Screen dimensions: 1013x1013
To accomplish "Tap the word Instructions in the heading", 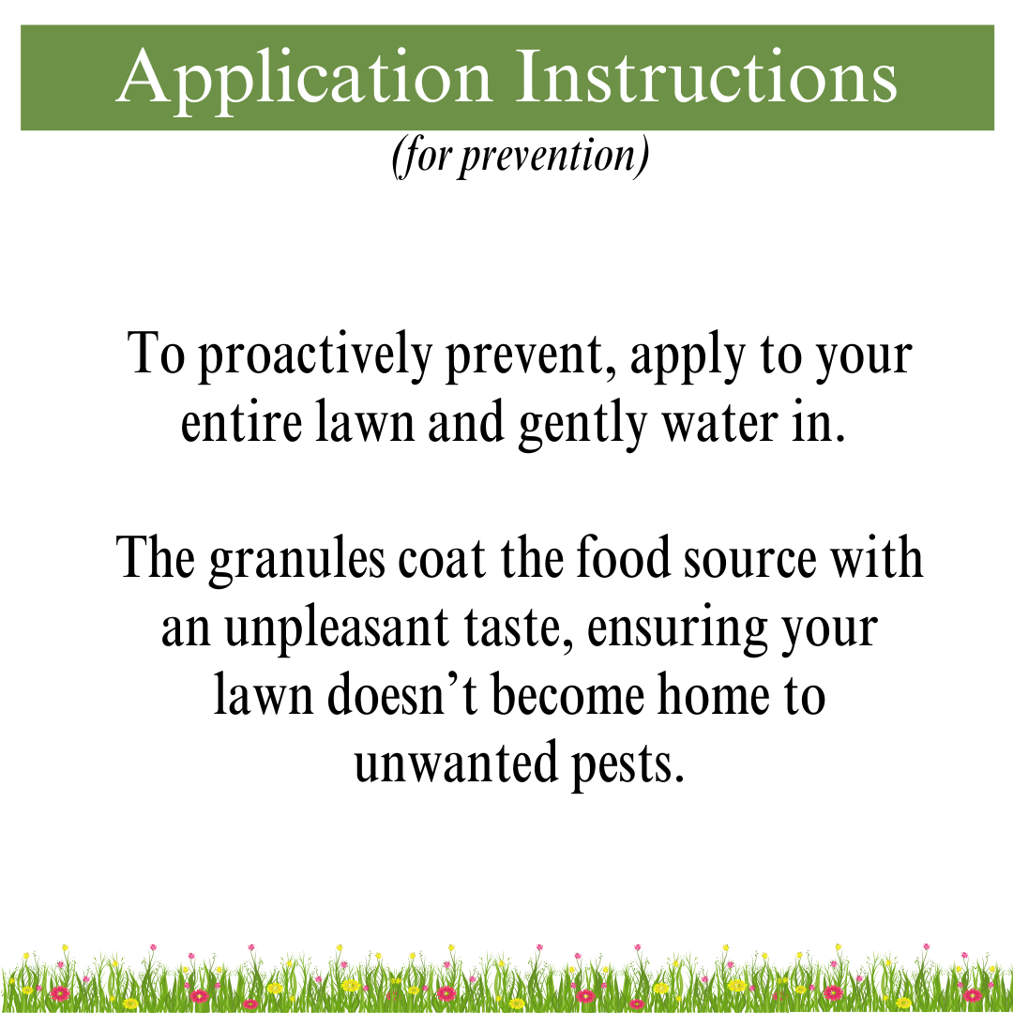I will coord(707,77).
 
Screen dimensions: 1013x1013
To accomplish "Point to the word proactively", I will coord(317,356).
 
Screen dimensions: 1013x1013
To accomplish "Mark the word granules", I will coord(296,561).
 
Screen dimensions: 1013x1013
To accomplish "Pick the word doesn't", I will coord(403,697).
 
